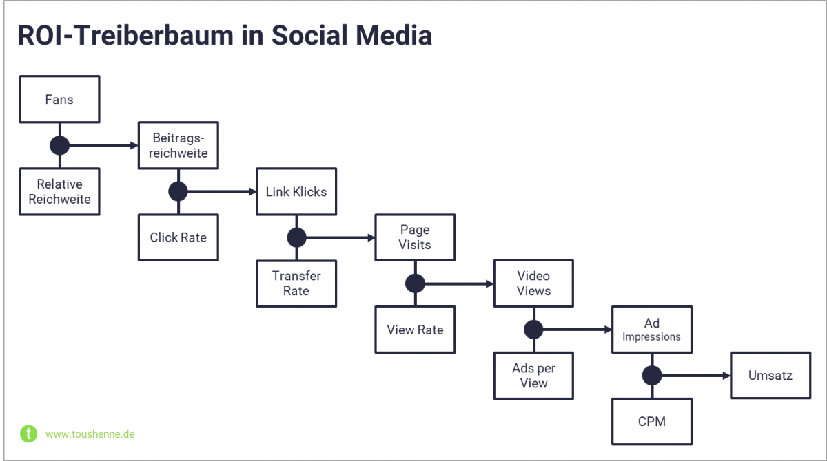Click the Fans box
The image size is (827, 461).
point(60,99)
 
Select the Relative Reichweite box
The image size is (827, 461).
point(60,192)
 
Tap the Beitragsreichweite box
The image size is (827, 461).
point(178,145)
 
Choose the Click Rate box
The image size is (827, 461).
point(178,237)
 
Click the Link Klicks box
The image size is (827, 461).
point(296,191)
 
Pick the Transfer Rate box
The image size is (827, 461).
point(296,283)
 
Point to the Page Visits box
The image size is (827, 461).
point(415,237)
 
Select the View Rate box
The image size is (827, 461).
point(415,330)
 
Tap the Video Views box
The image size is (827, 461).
point(533,283)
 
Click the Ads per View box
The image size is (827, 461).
point(533,376)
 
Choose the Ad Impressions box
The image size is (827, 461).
point(652,330)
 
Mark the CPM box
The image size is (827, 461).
point(652,421)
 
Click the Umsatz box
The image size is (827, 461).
point(770,375)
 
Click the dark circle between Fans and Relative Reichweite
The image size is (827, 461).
point(60,145)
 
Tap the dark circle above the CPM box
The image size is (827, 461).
point(652,376)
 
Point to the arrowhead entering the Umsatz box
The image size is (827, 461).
point(726,376)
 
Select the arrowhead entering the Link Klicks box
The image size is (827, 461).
point(252,191)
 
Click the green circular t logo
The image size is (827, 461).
point(28,433)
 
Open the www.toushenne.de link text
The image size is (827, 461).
point(90,434)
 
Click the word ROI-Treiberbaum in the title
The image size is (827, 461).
point(123,36)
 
